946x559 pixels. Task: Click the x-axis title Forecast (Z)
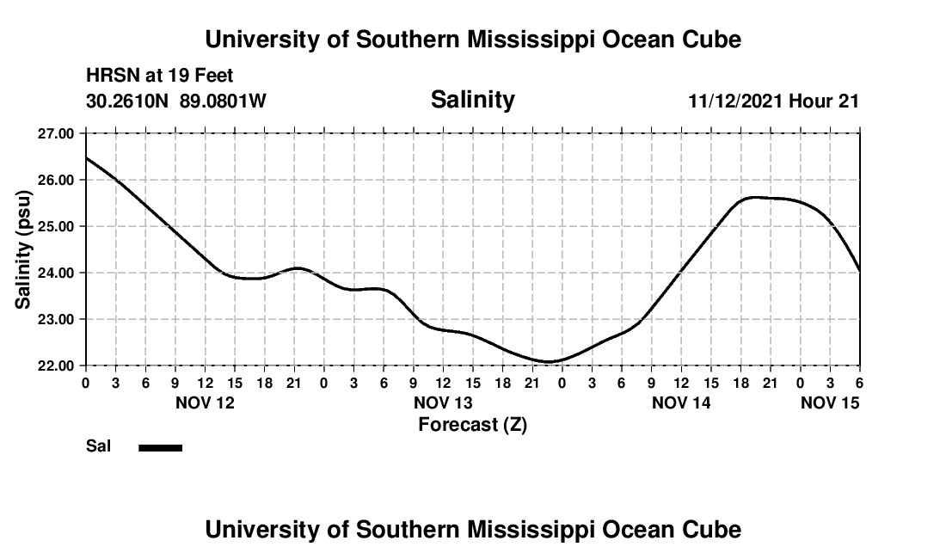(472, 424)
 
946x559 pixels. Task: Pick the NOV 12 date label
(205, 402)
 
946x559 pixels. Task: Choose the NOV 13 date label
(443, 402)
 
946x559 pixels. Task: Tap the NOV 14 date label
(680, 402)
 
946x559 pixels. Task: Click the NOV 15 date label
(830, 402)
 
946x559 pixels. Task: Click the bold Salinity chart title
(472, 100)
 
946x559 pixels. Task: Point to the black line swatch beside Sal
(160, 447)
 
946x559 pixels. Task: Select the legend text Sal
(98, 447)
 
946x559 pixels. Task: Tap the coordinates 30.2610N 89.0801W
(176, 101)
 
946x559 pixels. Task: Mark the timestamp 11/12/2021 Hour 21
(773, 101)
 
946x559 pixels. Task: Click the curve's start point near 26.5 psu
(86, 157)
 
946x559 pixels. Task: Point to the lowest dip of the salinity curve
(550, 361)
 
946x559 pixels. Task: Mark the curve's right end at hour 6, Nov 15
(859, 270)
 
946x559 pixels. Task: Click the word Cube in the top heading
(713, 40)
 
